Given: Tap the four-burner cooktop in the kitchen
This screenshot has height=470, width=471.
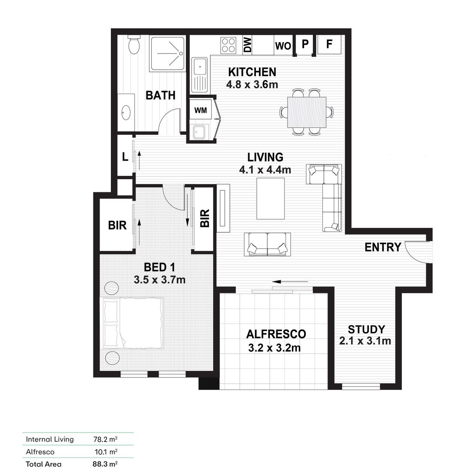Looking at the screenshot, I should pyautogui.click(x=229, y=45).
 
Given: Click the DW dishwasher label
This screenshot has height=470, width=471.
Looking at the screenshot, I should pyautogui.click(x=247, y=45).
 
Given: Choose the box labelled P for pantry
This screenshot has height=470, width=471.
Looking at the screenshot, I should pyautogui.click(x=305, y=44).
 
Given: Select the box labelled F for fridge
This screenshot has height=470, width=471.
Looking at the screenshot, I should pyautogui.click(x=329, y=44).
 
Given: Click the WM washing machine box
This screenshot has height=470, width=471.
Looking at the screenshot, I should pyautogui.click(x=200, y=111).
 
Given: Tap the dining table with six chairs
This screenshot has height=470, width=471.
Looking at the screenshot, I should pyautogui.click(x=307, y=112).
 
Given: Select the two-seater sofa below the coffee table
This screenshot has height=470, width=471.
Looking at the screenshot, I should pyautogui.click(x=267, y=243).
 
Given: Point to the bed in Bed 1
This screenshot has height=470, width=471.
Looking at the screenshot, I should pyautogui.click(x=133, y=323).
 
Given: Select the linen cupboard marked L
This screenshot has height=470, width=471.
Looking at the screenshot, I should pyautogui.click(x=125, y=157).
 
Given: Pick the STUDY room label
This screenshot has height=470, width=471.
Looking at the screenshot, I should pyautogui.click(x=366, y=329).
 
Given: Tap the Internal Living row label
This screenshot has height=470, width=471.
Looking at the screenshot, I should pyautogui.click(x=50, y=439).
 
